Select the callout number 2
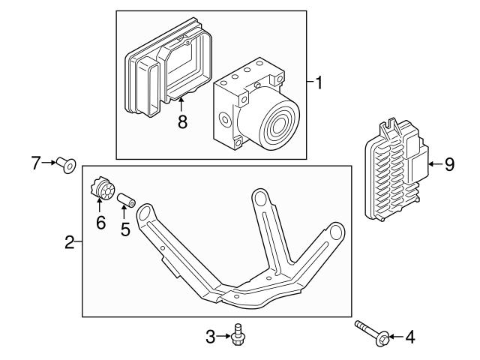click(68, 241)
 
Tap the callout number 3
click(211, 337)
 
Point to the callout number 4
click(409, 337)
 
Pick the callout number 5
click(125, 229)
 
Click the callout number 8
click(182, 121)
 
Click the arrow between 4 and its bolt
click(395, 337)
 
